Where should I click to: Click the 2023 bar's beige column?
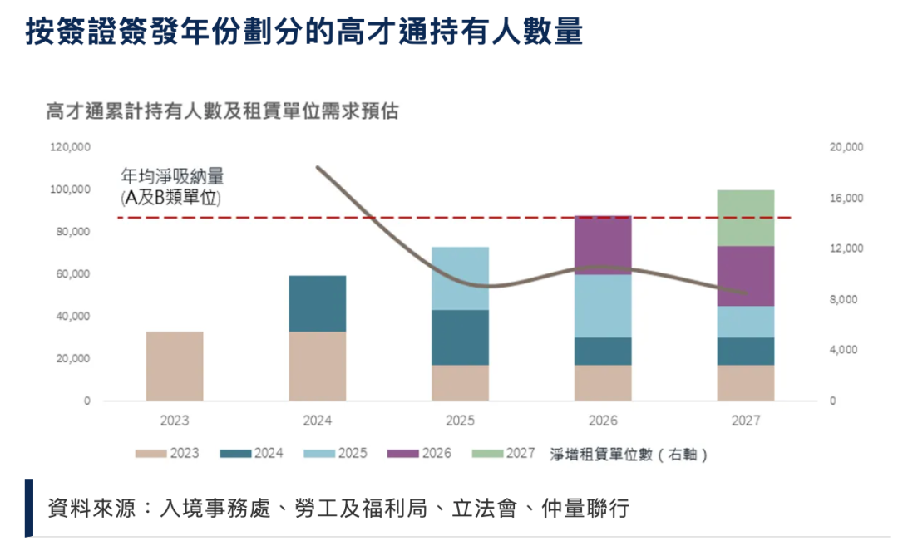(175, 366)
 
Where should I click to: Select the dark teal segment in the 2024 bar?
(318, 303)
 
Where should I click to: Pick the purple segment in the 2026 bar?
(603, 245)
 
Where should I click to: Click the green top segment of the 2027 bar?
(745, 218)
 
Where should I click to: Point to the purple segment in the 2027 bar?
(745, 276)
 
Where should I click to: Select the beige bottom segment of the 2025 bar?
(460, 382)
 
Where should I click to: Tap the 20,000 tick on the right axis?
(846, 147)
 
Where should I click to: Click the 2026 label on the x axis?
(603, 421)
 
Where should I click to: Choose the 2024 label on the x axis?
(318, 421)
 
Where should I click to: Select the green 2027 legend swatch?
(485, 454)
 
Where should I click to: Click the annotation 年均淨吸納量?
(172, 177)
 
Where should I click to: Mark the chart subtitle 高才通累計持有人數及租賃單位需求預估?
(222, 111)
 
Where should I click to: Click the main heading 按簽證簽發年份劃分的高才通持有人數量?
(303, 32)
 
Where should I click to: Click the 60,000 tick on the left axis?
(73, 274)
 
